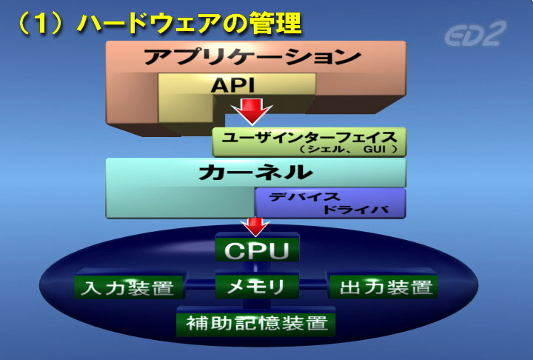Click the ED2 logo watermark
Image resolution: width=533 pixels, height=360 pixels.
click(x=475, y=33)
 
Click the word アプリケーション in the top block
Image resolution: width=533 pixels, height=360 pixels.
click(x=252, y=56)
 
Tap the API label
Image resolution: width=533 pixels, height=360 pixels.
click(x=233, y=85)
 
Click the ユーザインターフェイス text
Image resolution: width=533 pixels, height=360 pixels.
click(x=309, y=138)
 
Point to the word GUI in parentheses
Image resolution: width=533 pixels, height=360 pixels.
click(x=375, y=149)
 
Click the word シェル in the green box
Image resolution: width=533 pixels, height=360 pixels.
click(x=321, y=149)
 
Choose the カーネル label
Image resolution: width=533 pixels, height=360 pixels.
click(x=255, y=172)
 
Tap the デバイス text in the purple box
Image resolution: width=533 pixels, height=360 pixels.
click(x=304, y=197)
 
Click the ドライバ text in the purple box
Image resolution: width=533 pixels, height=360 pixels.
click(x=356, y=210)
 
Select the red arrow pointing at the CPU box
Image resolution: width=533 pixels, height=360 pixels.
click(x=255, y=227)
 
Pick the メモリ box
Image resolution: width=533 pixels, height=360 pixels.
click(x=257, y=286)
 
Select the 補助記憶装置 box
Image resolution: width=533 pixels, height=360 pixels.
click(x=255, y=322)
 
